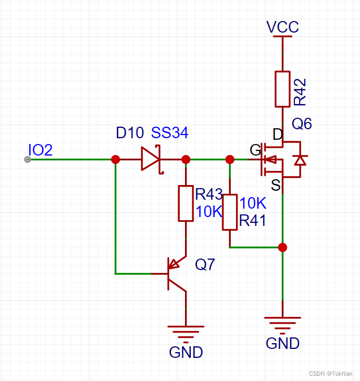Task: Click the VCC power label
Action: coord(283,27)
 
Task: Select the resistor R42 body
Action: coord(283,89)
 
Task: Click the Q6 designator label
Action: coord(302,124)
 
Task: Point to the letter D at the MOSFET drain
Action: coord(277,134)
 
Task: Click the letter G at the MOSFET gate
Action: coord(255,151)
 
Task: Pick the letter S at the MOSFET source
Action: coord(276,184)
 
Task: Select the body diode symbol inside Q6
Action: coord(300,160)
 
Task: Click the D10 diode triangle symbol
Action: coord(150,159)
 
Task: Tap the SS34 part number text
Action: coord(170,133)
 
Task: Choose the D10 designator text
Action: coord(130,133)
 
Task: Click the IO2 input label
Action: coord(40,150)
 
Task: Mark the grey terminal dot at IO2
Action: coord(28,159)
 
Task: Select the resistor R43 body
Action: coord(186,203)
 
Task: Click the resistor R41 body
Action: coord(230,212)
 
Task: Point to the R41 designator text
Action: coord(252,221)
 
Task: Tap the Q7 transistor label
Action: coord(205,264)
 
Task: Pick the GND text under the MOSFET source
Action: coord(283,344)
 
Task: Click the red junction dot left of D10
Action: coord(116,159)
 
